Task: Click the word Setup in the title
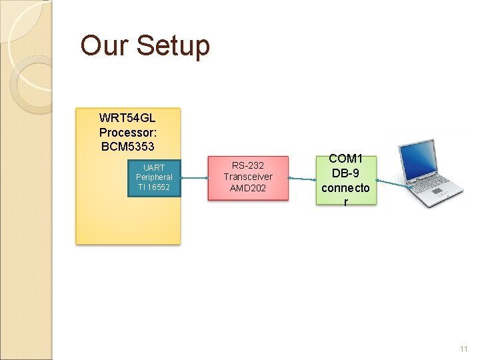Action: pos(173,46)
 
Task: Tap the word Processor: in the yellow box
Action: pos(127,133)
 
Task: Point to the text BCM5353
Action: pos(127,145)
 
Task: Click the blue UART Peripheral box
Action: pos(154,177)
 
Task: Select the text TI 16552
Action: pos(154,187)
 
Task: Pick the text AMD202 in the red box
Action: pos(248,188)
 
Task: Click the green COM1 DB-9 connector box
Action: pos(345,180)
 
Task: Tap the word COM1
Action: pos(345,159)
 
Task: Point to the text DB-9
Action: pos(345,173)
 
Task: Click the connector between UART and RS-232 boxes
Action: pos(194,178)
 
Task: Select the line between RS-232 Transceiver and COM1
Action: pos(303,179)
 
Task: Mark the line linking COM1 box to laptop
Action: pos(391,183)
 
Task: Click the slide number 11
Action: pos(464,349)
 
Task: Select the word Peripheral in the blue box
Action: pos(154,177)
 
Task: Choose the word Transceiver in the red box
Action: pos(248,177)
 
